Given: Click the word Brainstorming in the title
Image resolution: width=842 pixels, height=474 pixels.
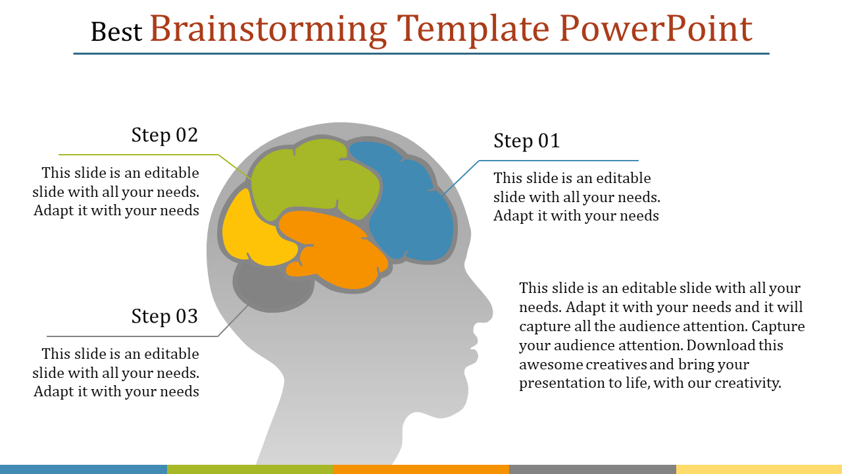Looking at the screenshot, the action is click(268, 30).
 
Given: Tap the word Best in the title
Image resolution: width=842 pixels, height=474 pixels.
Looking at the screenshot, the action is click(116, 32).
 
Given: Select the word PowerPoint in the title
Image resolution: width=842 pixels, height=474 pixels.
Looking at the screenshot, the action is click(656, 28).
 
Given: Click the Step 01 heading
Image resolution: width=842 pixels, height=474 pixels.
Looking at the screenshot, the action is click(527, 141).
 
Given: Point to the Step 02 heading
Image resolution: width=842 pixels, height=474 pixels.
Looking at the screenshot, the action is click(164, 135).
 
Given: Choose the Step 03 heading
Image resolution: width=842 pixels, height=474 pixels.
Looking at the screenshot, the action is click(164, 316).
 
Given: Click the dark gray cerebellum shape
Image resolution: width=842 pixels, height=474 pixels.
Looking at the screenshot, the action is click(272, 288).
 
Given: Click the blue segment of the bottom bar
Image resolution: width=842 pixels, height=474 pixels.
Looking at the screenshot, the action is click(84, 469).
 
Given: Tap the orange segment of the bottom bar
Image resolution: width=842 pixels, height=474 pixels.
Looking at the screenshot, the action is click(421, 469).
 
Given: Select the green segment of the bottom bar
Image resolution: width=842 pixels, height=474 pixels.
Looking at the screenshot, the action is click(250, 469).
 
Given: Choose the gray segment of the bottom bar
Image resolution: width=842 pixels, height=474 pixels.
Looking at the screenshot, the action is click(593, 469).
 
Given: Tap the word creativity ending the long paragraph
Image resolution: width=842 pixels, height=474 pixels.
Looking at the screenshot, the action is click(748, 383).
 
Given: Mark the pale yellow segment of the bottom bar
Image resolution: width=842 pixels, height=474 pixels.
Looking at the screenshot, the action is click(759, 469).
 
